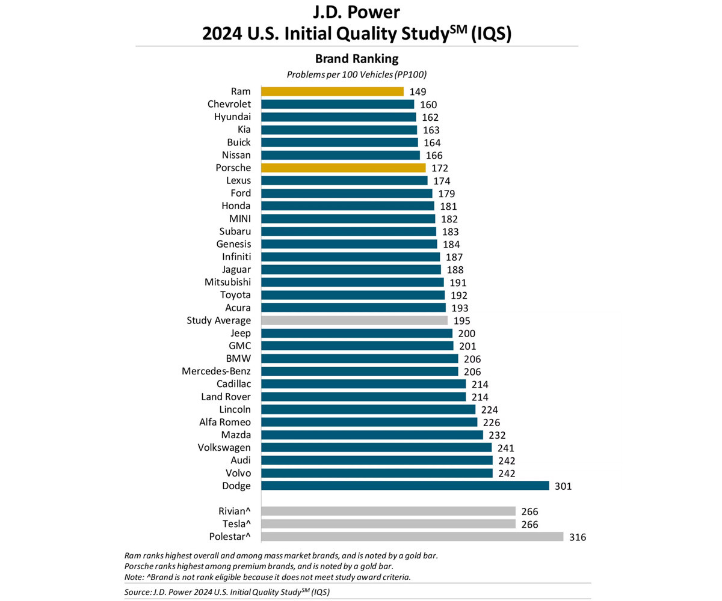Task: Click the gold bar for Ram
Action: click(x=332, y=91)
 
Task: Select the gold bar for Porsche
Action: click(x=343, y=168)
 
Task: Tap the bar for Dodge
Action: click(x=405, y=486)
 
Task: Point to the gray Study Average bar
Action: click(x=354, y=320)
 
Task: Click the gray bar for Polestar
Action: click(x=412, y=537)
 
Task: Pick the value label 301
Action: click(x=563, y=486)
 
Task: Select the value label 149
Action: click(x=417, y=91)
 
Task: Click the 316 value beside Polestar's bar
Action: click(x=577, y=537)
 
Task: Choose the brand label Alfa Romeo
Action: click(x=224, y=422)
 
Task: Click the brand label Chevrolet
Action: click(x=229, y=104)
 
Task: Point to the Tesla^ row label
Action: click(x=235, y=524)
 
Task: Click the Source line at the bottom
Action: click(x=227, y=592)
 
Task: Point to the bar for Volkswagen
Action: click(x=376, y=448)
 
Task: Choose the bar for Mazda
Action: click(x=372, y=435)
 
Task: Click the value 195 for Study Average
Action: click(x=462, y=320)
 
